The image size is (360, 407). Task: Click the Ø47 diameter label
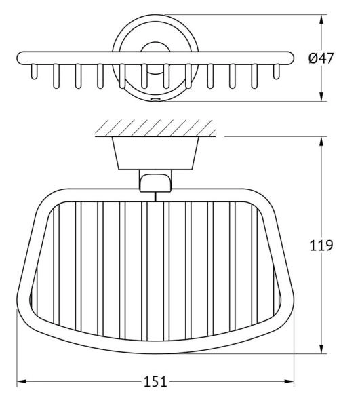tap(321, 58)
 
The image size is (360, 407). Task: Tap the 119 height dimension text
tap(321, 246)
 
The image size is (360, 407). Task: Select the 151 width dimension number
tap(155, 382)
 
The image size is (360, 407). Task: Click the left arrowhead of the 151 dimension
tap(22, 381)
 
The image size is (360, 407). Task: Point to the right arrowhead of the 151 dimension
tap(289, 381)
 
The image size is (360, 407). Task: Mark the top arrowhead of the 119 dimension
tap(321, 142)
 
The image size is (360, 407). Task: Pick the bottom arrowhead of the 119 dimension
tap(321, 349)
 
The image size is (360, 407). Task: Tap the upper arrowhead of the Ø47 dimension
tap(321, 20)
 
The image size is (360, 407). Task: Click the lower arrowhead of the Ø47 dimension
tap(321, 96)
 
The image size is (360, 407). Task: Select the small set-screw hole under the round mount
tap(155, 99)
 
